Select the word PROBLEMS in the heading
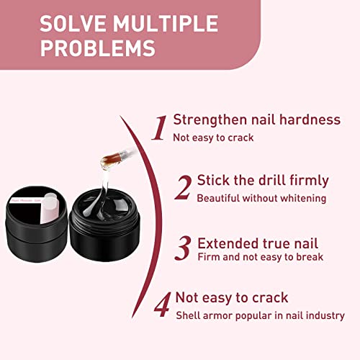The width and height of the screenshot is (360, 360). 98,49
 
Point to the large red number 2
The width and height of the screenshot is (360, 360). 183,188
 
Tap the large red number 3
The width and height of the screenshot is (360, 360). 183,248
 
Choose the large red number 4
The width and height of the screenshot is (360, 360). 163,305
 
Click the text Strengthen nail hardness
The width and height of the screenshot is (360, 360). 257,120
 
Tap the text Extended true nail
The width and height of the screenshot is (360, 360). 258,243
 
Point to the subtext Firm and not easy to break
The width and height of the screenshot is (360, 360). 260,257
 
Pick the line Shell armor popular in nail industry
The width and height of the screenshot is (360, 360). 260,315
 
